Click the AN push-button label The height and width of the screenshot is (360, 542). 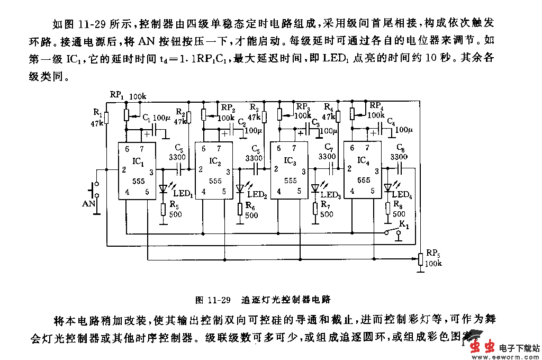(88, 203)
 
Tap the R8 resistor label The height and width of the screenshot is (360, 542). (398, 205)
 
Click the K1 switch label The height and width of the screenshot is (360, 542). (404, 224)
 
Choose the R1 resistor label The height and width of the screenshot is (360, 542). (98, 112)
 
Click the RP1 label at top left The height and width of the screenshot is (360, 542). (117, 95)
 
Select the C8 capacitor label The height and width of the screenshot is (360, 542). (401, 149)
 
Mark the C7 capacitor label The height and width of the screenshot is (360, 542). (328, 148)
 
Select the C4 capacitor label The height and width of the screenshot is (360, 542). (391, 121)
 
